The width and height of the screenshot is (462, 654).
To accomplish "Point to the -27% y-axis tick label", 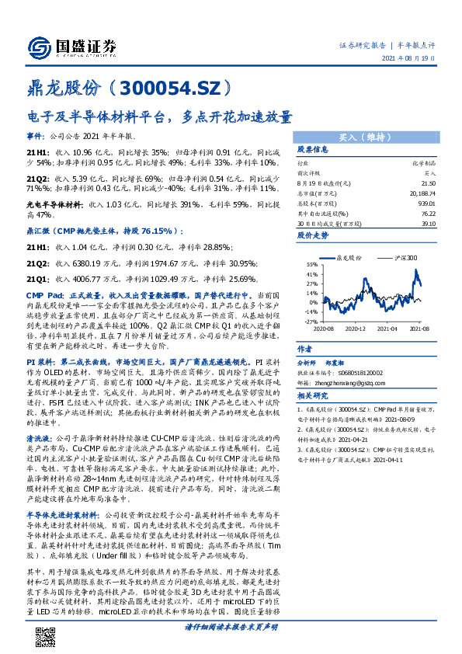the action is [x=311, y=321].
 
